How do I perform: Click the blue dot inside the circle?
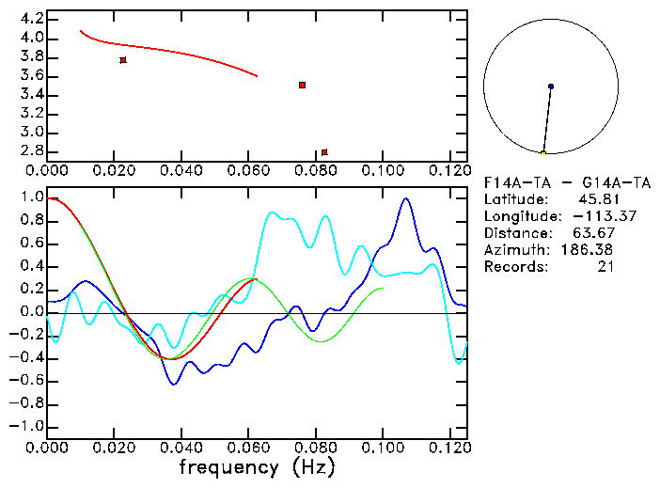coord(551,87)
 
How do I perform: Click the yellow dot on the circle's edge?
coord(543,153)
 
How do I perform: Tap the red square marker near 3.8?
coord(123,60)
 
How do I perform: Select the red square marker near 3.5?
coord(302,85)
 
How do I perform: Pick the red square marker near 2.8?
coord(324,151)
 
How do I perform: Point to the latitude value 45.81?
coord(596,199)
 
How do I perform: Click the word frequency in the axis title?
coord(228,465)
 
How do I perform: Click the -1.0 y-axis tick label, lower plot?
coord(26,426)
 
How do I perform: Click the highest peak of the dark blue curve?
coord(406,198)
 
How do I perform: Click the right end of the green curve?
coord(383,288)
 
